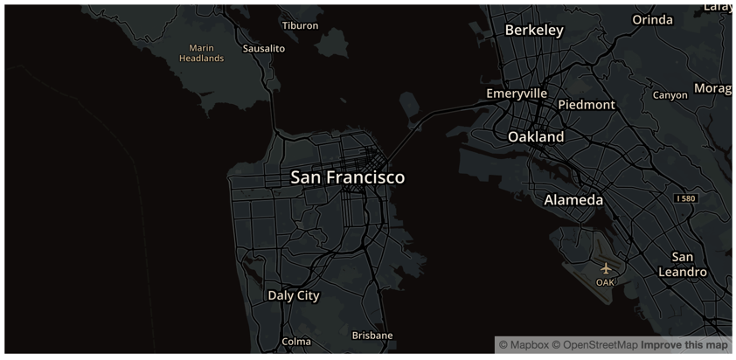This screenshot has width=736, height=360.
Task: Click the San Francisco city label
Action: click(347, 177)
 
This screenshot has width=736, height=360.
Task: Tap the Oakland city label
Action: click(536, 137)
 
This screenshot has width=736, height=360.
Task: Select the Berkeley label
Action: click(534, 31)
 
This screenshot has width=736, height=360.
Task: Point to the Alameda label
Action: click(573, 200)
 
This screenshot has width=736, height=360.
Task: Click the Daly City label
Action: click(294, 295)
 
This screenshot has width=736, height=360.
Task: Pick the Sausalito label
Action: click(263, 48)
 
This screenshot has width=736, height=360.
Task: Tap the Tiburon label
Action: click(300, 25)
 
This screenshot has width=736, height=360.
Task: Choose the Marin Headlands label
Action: click(201, 53)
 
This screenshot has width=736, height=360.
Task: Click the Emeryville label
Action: click(517, 93)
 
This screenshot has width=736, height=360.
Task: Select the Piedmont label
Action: click(587, 105)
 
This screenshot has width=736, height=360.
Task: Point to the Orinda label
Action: click(653, 20)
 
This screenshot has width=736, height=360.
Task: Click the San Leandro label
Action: click(682, 264)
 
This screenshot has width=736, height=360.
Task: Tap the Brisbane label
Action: click(372, 335)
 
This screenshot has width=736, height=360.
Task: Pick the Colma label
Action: click(296, 342)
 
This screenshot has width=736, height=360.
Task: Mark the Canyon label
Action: click(670, 94)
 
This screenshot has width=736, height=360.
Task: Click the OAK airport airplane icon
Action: click(606, 268)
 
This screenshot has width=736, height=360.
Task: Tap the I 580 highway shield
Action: click(686, 198)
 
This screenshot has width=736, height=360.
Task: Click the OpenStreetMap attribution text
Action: click(601, 345)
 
